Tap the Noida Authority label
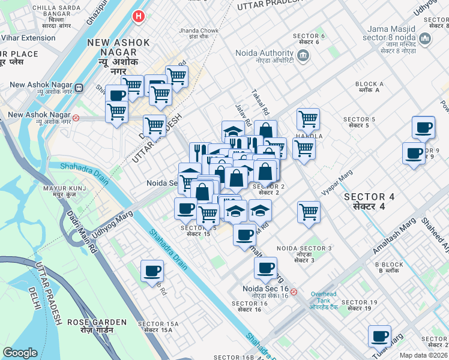coord(264,55)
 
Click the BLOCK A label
coord(369,88)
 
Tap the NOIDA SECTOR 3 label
coord(304,251)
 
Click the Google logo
coord(20,353)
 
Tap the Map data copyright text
coord(424,355)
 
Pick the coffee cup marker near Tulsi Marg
coord(379,337)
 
